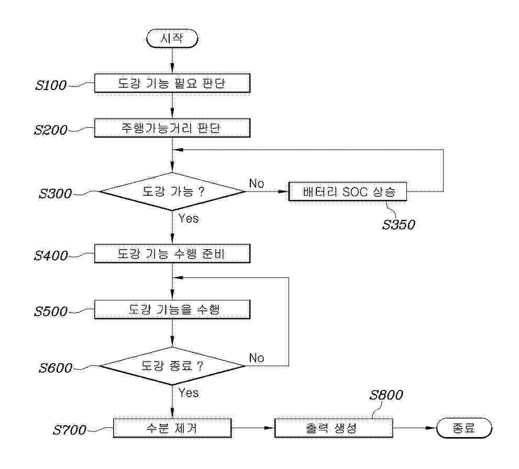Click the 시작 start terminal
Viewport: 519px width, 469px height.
click(172, 38)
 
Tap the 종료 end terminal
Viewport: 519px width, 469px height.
click(464, 428)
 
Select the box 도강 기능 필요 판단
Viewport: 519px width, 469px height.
click(172, 83)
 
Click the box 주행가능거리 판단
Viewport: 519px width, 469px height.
click(172, 128)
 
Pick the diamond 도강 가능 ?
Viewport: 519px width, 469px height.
click(172, 192)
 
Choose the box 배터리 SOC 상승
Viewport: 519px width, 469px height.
click(348, 192)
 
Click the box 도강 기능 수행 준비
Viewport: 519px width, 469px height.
click(172, 254)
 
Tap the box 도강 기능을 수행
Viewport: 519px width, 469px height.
click(172, 309)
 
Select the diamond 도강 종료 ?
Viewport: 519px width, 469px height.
click(172, 366)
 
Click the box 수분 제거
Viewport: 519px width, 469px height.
click(172, 428)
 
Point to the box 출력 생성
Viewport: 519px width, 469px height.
click(334, 428)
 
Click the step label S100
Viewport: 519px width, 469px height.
click(51, 85)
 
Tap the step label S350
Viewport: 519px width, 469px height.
click(399, 225)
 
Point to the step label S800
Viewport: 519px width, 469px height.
click(387, 395)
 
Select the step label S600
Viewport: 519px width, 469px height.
click(56, 368)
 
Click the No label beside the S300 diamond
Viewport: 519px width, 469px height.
click(257, 183)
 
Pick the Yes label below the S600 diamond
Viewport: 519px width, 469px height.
click(189, 393)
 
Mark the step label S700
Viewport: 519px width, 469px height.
click(70, 430)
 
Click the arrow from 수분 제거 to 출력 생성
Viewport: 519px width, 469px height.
click(253, 428)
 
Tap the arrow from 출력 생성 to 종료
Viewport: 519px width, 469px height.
click(415, 428)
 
